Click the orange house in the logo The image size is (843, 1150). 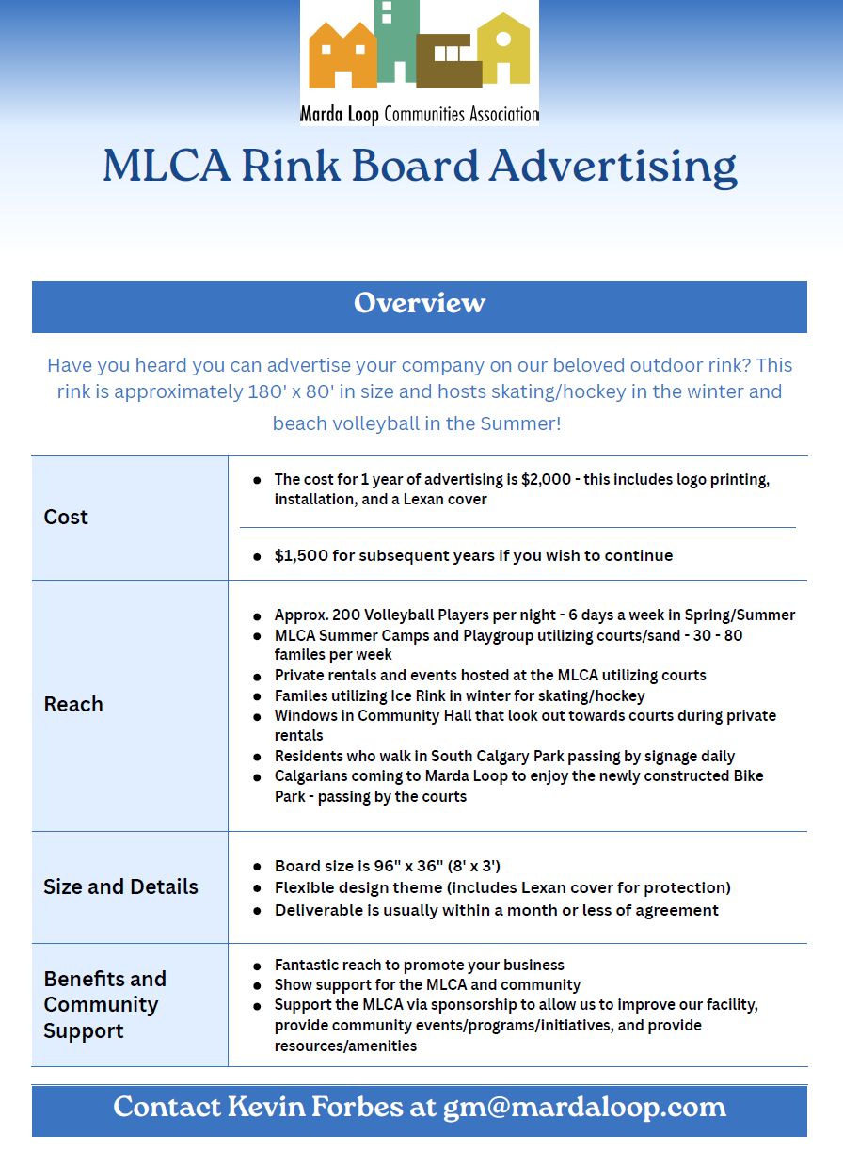[342, 58]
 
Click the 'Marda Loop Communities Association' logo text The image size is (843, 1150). [420, 115]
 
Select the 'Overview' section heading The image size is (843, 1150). [420, 303]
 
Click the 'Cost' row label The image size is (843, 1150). [66, 517]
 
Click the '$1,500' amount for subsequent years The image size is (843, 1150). [301, 555]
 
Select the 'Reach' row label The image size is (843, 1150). [73, 704]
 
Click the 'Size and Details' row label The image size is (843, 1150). [120, 886]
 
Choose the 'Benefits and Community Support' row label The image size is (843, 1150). [104, 1004]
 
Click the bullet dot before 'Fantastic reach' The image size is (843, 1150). [257, 966]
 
